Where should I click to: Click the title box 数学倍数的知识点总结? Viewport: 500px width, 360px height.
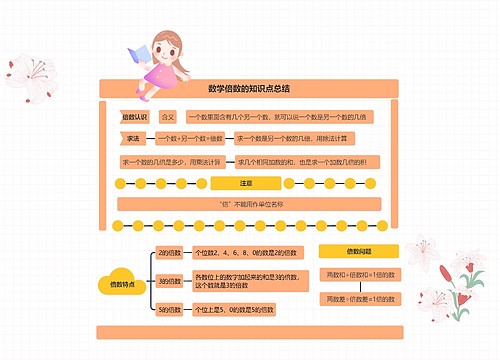(x=249, y=88)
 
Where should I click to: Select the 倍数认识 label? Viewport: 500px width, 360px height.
(x=134, y=117)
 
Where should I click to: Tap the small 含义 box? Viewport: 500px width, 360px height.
(x=168, y=117)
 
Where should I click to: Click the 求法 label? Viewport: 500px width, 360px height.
(x=134, y=138)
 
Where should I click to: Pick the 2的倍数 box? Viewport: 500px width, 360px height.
(x=169, y=252)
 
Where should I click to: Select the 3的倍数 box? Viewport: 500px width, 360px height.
(x=169, y=282)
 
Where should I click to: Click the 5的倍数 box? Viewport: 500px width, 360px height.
(x=169, y=310)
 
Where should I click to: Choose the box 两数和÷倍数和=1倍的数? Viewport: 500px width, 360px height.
(x=360, y=274)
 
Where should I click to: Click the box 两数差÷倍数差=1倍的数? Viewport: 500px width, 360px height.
(x=360, y=299)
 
